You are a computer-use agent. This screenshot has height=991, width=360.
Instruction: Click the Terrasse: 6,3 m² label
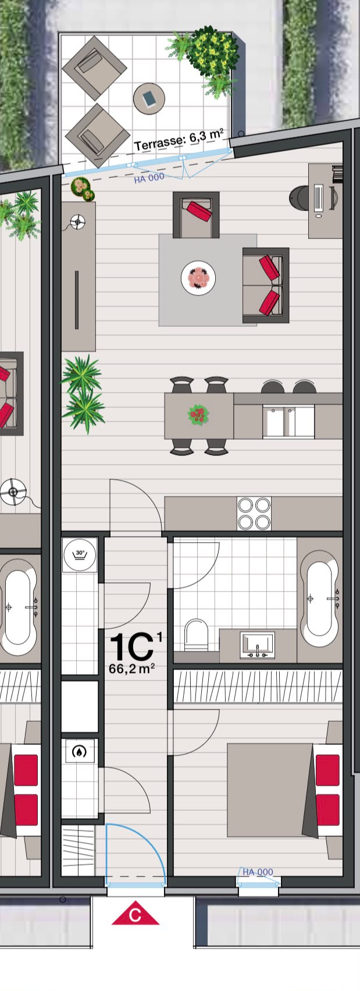pyautogui.click(x=179, y=140)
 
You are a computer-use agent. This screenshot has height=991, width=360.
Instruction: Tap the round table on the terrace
pyautogui.click(x=149, y=98)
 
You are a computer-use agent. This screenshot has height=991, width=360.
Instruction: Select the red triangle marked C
pyautogui.click(x=136, y=912)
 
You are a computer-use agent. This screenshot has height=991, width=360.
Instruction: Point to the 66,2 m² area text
pyautogui.click(x=132, y=668)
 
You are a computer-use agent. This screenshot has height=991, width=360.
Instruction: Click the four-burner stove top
pyautogui.click(x=254, y=513)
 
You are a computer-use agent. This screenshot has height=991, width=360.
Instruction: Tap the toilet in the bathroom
pyautogui.click(x=196, y=635)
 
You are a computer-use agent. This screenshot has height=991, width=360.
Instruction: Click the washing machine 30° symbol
pyautogui.click(x=80, y=555)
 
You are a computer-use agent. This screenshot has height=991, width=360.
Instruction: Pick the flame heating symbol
pyautogui.click(x=80, y=751)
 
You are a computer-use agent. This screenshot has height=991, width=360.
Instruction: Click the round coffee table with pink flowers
pyautogui.click(x=198, y=277)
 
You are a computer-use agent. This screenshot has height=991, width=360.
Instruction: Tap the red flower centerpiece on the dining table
pyautogui.click(x=198, y=415)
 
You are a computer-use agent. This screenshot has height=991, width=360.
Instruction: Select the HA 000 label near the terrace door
pyautogui.click(x=149, y=178)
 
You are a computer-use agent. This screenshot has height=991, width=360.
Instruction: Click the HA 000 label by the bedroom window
pyautogui.click(x=258, y=872)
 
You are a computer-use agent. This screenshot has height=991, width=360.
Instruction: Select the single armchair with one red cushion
pyautogui.click(x=196, y=215)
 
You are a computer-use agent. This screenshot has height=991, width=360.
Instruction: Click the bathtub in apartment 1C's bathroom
pyautogui.click(x=319, y=598)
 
